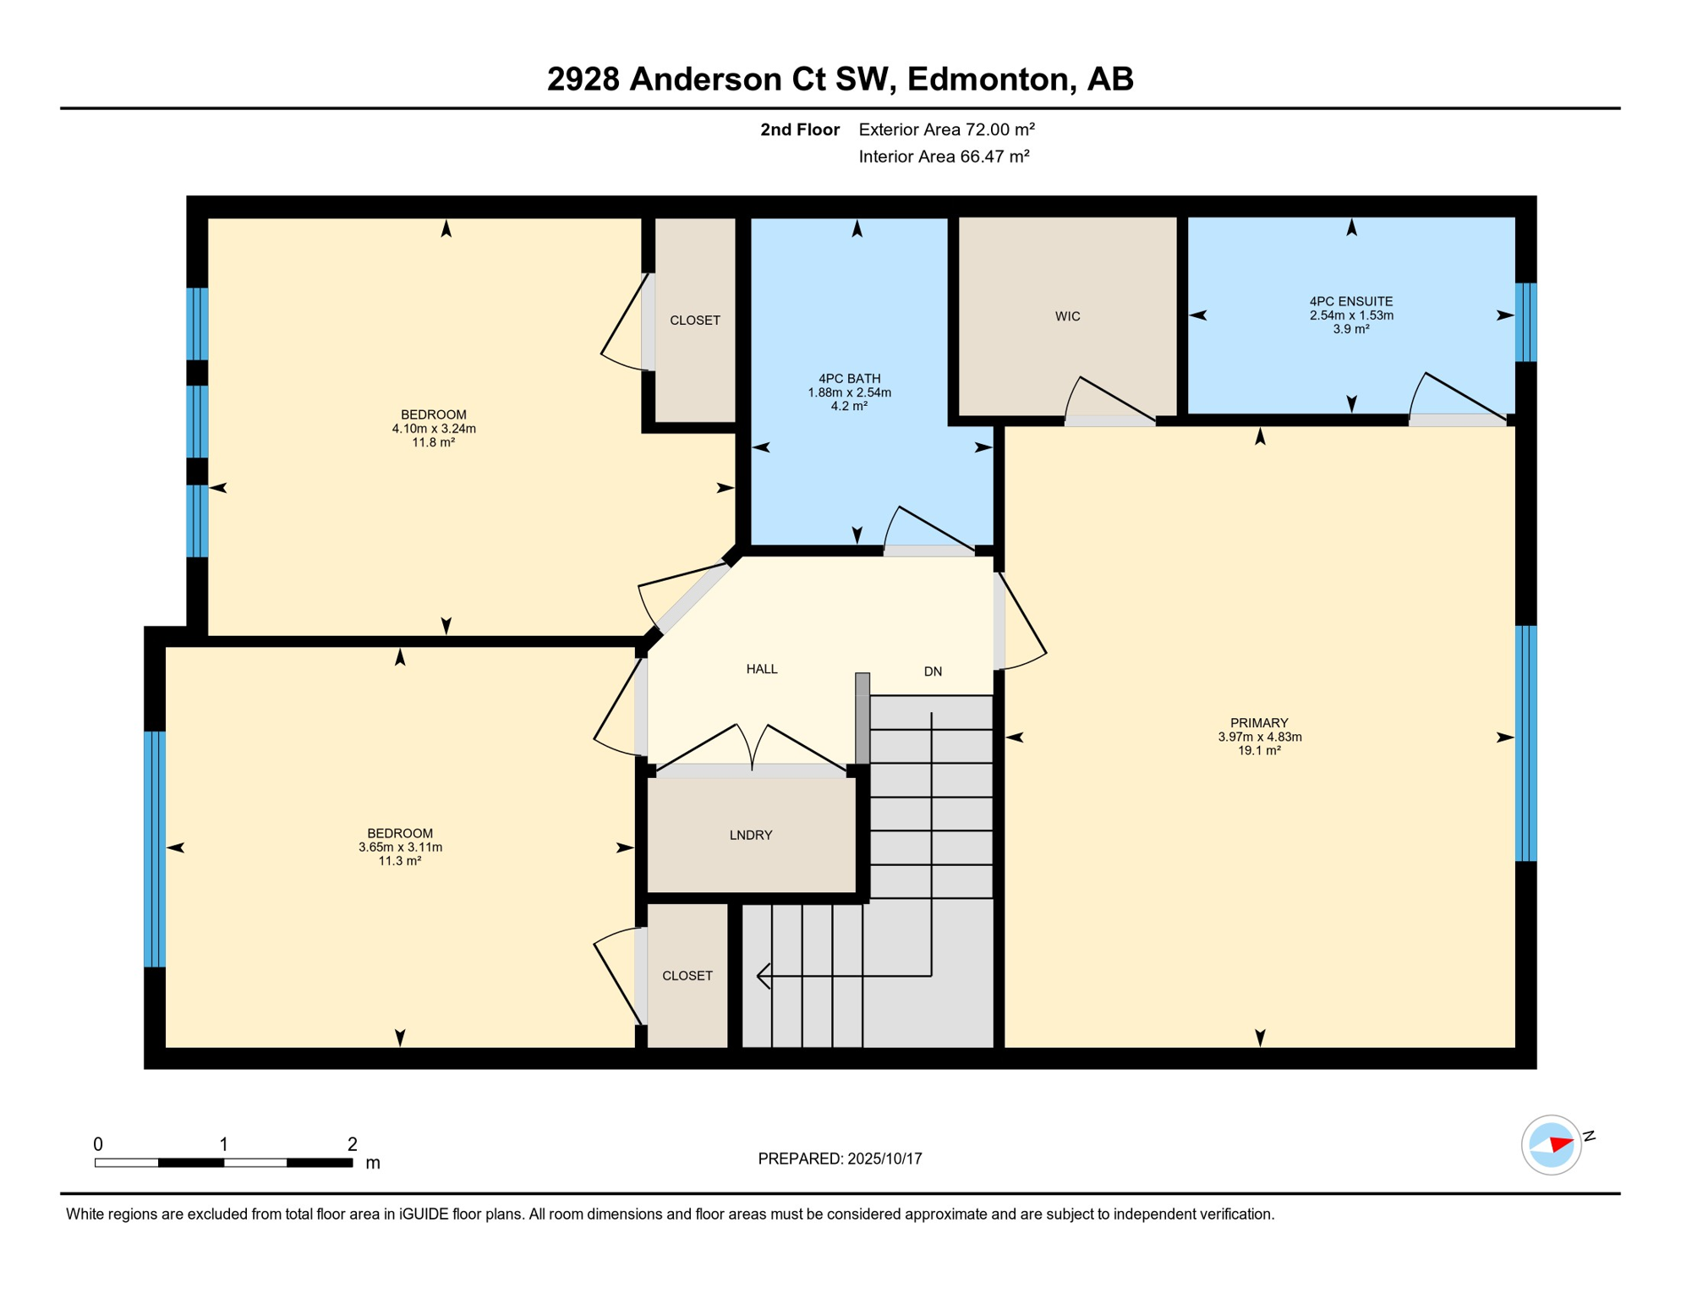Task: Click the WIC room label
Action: tap(1067, 316)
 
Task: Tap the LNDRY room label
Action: tap(751, 835)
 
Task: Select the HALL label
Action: tap(762, 669)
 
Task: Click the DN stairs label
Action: tap(933, 671)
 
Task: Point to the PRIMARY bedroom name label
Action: tap(1259, 723)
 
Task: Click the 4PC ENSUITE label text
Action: tap(1351, 301)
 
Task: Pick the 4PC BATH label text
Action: tap(849, 379)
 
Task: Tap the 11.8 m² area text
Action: tap(433, 442)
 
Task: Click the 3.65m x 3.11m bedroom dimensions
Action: tap(400, 847)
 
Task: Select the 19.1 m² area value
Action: tap(1259, 750)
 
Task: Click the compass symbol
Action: tap(1552, 1145)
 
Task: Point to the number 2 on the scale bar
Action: tap(353, 1144)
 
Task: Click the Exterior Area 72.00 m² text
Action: tap(946, 129)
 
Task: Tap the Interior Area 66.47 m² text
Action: tap(944, 156)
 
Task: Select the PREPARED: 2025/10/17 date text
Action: tap(840, 1159)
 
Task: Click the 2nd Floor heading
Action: tap(799, 129)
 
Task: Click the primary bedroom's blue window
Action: tap(1525, 743)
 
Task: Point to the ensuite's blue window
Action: tap(1525, 322)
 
